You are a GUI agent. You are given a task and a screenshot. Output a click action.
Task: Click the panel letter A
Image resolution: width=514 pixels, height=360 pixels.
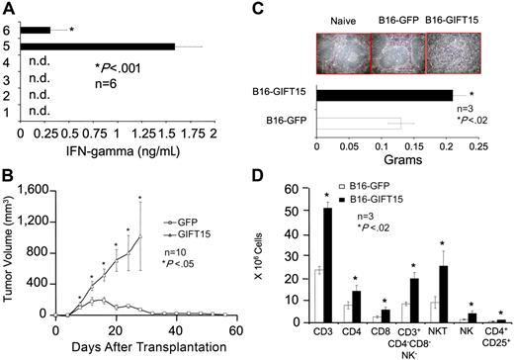tap(9, 9)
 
